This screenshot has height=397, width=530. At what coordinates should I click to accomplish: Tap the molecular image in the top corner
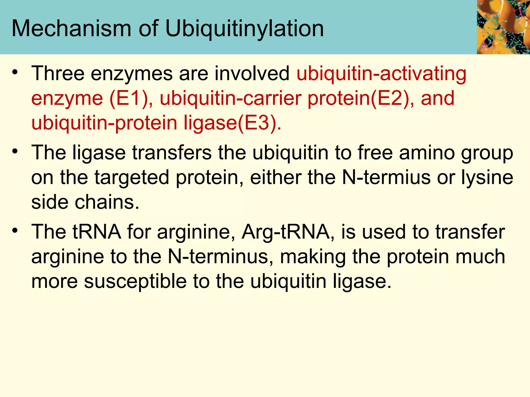[x=503, y=27]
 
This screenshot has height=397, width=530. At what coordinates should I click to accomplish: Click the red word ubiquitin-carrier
[x=231, y=98]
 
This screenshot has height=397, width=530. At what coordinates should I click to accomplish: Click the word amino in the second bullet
[x=427, y=152]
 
